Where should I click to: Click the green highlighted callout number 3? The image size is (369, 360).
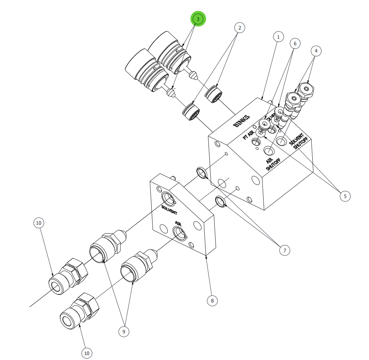[198, 19]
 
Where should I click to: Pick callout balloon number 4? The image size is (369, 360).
[316, 51]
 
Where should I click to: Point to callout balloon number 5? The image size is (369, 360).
[345, 196]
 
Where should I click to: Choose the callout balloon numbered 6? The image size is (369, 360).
[295, 44]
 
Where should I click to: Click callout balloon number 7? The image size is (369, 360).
[284, 250]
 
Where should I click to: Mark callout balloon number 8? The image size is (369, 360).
[212, 300]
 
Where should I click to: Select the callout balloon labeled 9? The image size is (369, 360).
[124, 332]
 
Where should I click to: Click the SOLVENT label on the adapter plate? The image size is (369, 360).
[169, 210]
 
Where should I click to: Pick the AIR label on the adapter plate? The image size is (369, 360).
[178, 224]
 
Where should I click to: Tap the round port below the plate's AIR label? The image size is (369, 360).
[179, 234]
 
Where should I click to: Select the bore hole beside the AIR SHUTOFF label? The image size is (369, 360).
[268, 151]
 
